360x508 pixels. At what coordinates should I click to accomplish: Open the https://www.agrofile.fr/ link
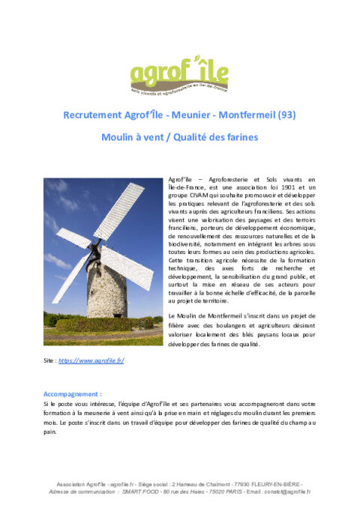pyautogui.click(x=91, y=361)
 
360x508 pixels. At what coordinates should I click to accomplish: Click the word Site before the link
pyautogui.click(x=49, y=361)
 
